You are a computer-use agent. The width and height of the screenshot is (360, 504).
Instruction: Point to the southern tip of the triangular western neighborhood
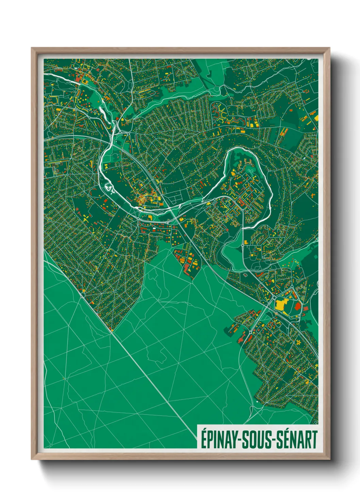tap(112, 330)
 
